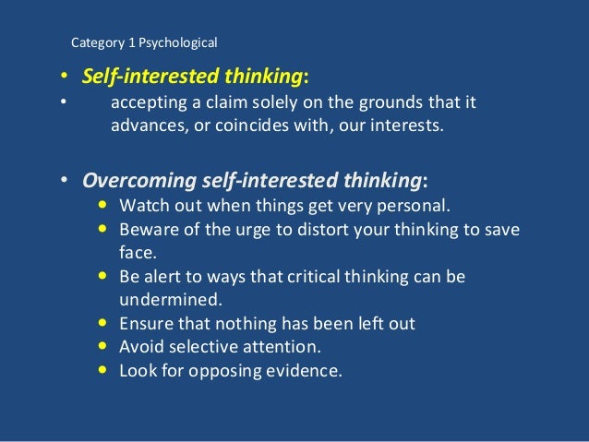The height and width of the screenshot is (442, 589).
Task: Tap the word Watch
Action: pos(143,205)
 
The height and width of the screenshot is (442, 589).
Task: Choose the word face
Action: pos(138,250)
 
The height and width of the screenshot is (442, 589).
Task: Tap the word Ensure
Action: pos(146,324)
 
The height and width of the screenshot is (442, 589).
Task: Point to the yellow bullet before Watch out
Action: pos(102,205)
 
